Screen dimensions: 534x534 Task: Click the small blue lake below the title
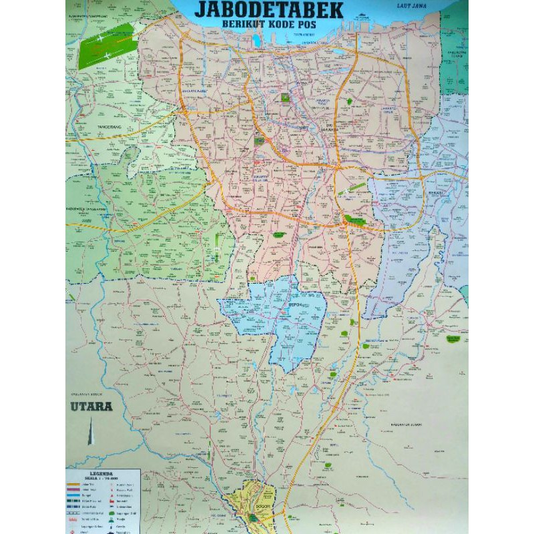[x=256, y=42]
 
